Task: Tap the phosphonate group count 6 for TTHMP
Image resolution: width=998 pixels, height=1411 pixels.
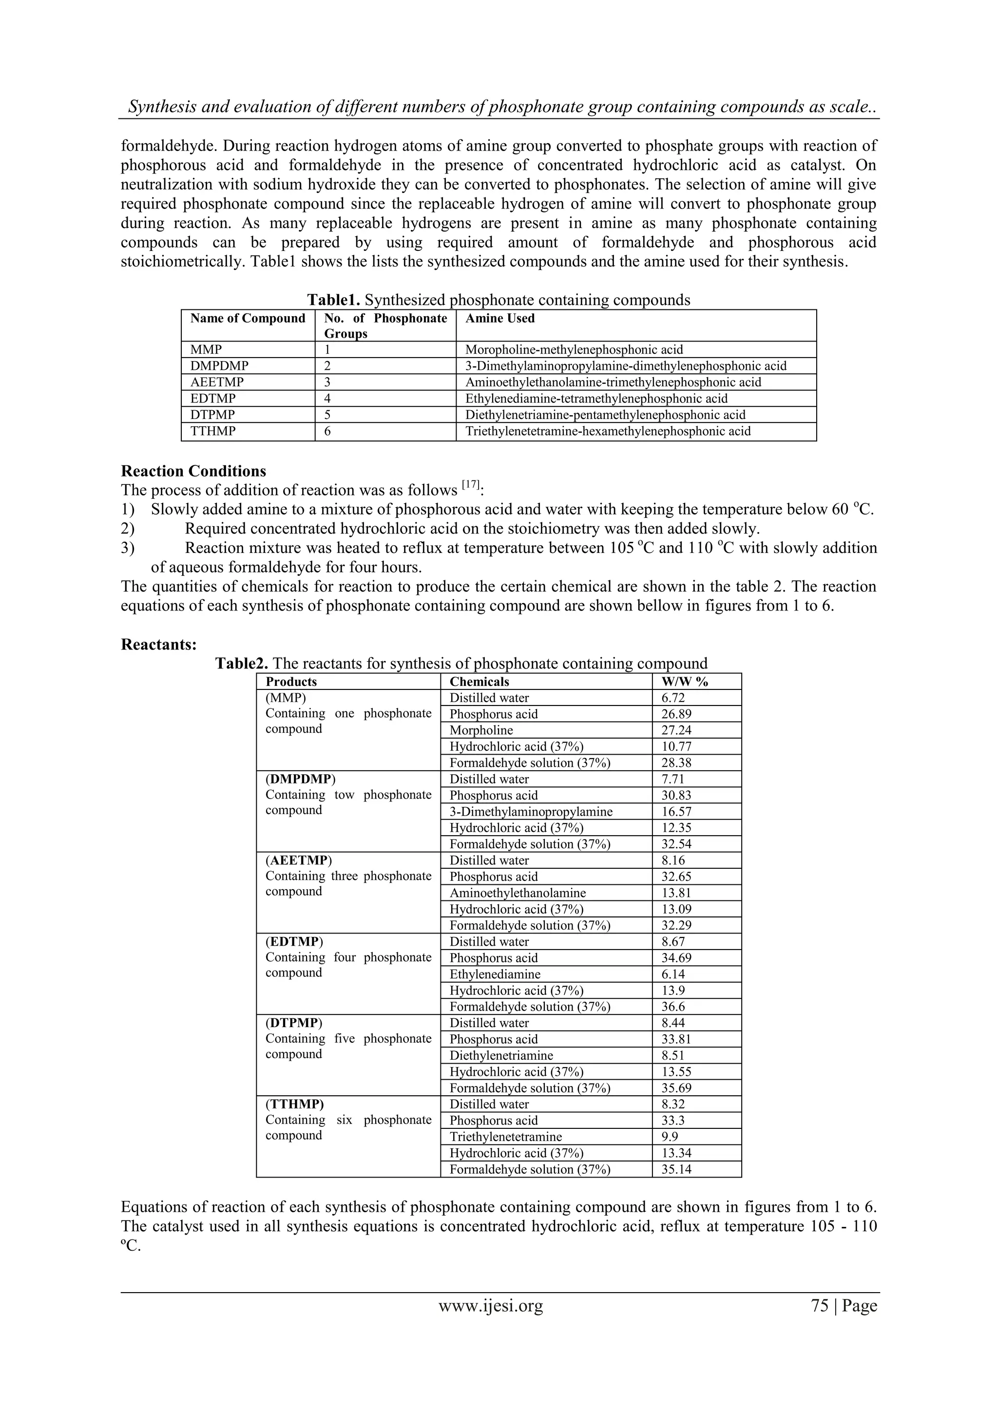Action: pyautogui.click(x=327, y=431)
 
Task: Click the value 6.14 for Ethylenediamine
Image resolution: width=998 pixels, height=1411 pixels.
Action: pyautogui.click(x=673, y=974)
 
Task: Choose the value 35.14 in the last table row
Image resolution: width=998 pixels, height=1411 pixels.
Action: pyautogui.click(x=676, y=1169)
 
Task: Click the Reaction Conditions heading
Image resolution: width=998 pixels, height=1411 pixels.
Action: pyautogui.click(x=193, y=471)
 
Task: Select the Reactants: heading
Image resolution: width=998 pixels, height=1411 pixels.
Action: pyautogui.click(x=158, y=645)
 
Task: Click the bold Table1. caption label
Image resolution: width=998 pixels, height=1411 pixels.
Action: pyautogui.click(x=333, y=300)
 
